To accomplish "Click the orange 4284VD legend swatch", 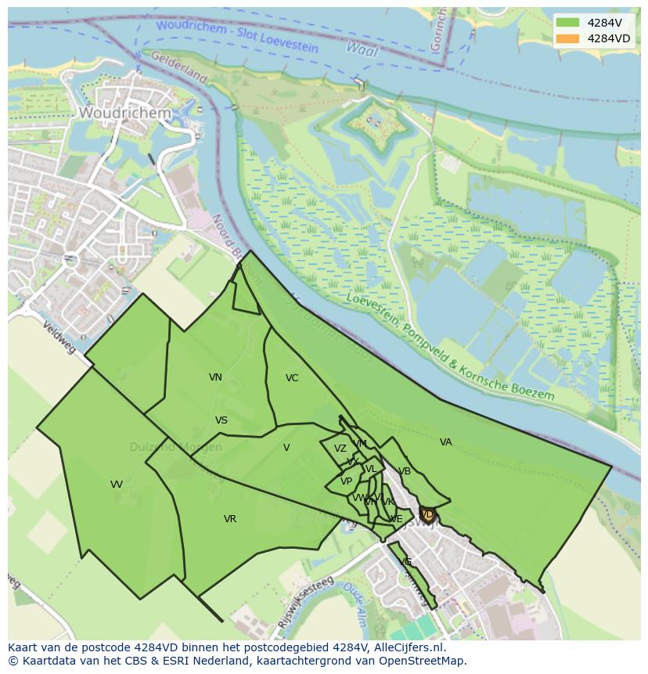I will (568, 38).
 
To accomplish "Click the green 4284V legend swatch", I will (568, 23).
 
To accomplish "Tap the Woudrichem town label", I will (124, 113).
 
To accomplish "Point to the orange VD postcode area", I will (427, 514).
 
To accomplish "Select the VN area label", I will (215, 377).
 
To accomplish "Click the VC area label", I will (292, 378).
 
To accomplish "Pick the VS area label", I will (221, 420).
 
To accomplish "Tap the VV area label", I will (117, 485).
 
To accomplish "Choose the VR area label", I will (230, 519).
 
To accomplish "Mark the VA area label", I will (446, 442).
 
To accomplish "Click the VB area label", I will (405, 471).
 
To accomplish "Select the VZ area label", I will (340, 449).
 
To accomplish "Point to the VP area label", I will (346, 481).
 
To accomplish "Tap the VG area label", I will (405, 562).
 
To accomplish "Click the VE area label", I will (396, 519).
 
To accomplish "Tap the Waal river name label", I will (362, 50).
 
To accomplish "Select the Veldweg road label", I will (59, 337).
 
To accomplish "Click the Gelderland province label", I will (178, 67).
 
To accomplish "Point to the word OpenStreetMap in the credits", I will (422, 661).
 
